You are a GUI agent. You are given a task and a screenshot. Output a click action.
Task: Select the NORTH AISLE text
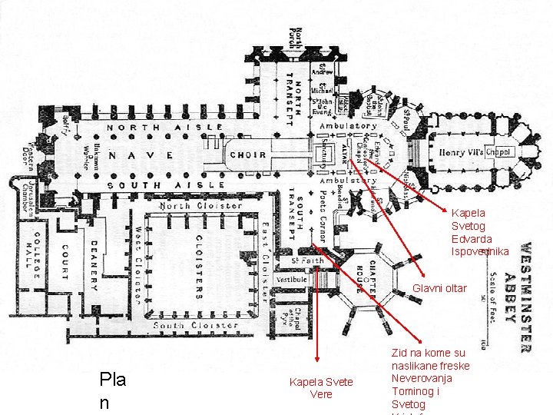click(x=165, y=128)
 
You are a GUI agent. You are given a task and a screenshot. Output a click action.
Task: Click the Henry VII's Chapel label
click(x=475, y=152)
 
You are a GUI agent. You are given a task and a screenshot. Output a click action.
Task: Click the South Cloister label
click(x=196, y=325)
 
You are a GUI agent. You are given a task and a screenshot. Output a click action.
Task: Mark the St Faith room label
click(x=307, y=261)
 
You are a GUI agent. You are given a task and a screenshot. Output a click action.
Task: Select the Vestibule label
click(x=292, y=280)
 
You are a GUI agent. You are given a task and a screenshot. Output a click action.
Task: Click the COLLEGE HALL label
click(x=32, y=261)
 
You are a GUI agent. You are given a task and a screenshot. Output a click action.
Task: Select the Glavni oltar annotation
click(x=439, y=288)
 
